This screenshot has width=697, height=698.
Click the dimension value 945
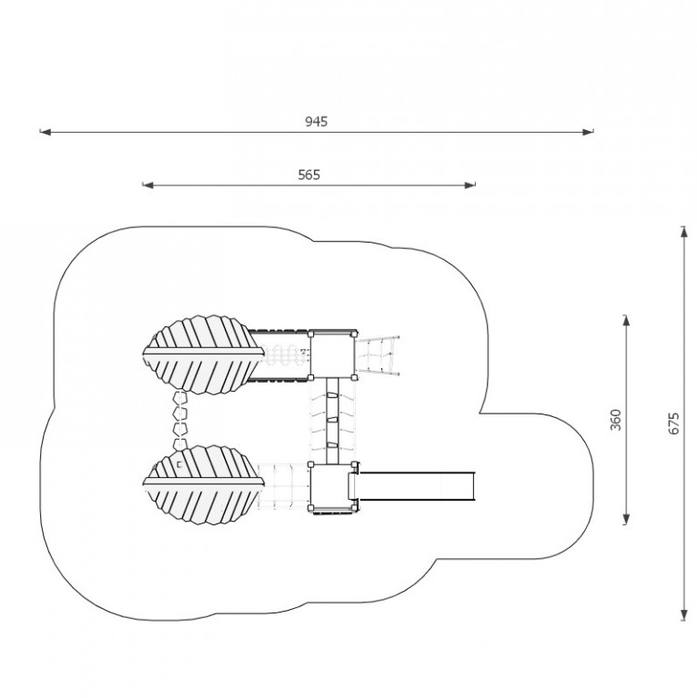click(x=317, y=122)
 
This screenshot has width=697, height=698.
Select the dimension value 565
click(x=308, y=174)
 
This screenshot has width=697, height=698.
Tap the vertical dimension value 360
click(x=615, y=419)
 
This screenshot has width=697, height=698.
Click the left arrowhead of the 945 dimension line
click(x=45, y=132)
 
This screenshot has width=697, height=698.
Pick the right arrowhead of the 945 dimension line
click(x=588, y=132)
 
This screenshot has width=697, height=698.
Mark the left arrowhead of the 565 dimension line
click(x=148, y=184)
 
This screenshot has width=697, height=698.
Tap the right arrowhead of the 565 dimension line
click(x=470, y=184)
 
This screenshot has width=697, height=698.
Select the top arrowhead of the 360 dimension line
click(x=626, y=321)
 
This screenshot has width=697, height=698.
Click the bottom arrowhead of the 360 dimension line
click(x=626, y=519)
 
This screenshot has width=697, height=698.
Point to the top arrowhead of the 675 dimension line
click(x=684, y=232)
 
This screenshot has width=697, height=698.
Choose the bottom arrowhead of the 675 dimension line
click(x=684, y=614)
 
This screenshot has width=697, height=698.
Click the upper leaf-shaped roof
click(x=203, y=354)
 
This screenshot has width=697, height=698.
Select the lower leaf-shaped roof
click(x=203, y=484)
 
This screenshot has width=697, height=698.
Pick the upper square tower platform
click(x=332, y=354)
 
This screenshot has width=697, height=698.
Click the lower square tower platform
click(x=332, y=487)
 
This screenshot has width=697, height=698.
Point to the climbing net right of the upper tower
click(x=378, y=354)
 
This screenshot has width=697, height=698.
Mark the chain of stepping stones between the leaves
click(x=180, y=420)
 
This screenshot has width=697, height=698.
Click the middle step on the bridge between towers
click(x=333, y=420)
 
